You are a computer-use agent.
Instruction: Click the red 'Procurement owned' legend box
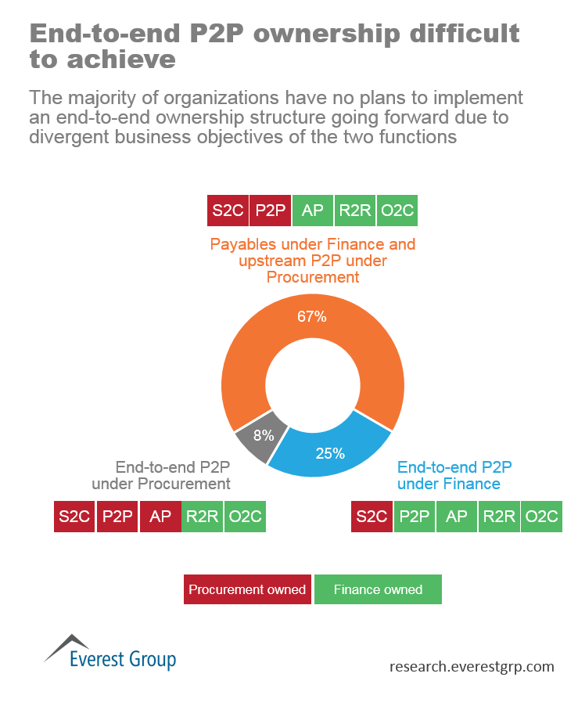pos(247,589)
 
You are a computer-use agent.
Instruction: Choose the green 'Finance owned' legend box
pos(378,589)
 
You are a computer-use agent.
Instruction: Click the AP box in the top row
pos(312,211)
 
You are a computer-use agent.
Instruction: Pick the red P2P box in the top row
pos(271,211)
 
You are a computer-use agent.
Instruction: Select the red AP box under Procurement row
pos(160,517)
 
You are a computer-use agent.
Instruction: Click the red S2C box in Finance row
pos(372,517)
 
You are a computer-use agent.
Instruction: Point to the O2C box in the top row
pos(397,211)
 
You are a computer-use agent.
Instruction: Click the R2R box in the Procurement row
pos(202,517)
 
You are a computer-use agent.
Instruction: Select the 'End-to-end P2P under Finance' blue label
pos(454,475)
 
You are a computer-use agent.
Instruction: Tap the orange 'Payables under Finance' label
pos(313,260)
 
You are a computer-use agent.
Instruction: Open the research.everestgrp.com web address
pos(472,667)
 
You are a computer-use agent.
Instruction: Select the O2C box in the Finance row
pos(541,517)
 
